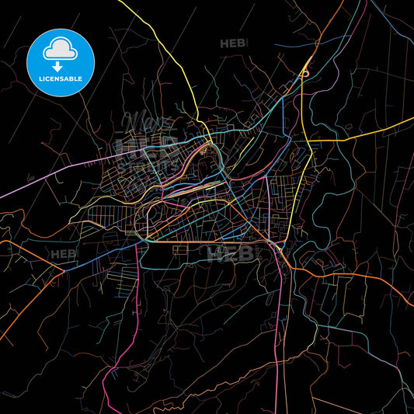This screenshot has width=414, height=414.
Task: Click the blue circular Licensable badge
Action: coord(60,62)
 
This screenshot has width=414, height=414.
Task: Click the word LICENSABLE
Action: coord(60,79)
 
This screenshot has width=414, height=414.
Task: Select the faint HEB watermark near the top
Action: coord(233,43)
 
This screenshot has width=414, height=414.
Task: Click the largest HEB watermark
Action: coord(231,253)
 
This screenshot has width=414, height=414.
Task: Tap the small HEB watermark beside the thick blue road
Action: coord(64,254)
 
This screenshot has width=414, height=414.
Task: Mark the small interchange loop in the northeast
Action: coord(305,73)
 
